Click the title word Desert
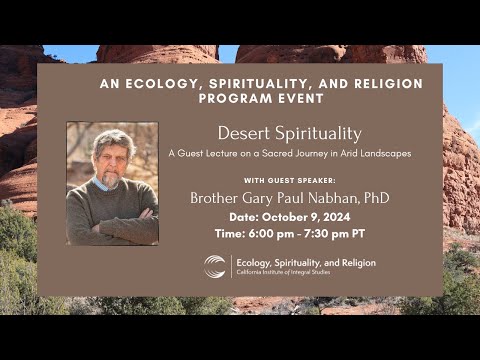(245, 133)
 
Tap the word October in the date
(290, 217)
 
